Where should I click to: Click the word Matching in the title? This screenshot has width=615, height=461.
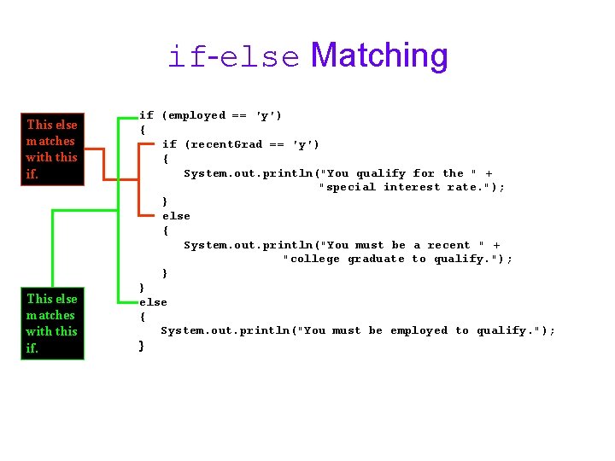(379, 55)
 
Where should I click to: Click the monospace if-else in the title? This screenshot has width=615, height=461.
(233, 57)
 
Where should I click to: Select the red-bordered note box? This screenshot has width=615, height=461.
(52, 149)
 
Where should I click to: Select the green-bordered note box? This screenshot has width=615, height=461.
(52, 323)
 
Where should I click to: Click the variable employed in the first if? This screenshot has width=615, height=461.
(194, 115)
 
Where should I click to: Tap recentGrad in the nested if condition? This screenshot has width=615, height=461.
(223, 144)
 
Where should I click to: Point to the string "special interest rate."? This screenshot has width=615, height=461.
(412, 187)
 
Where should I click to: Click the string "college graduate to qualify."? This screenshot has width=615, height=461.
(397, 259)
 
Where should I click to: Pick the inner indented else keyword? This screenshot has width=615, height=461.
(176, 216)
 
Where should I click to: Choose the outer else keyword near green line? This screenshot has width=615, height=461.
(154, 302)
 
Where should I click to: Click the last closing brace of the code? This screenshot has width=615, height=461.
(142, 345)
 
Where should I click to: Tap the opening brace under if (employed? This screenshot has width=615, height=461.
(143, 130)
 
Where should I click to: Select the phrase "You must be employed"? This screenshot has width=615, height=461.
(376, 330)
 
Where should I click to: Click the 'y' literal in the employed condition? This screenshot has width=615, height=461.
(269, 115)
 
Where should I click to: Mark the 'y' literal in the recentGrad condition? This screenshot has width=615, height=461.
(306, 144)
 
